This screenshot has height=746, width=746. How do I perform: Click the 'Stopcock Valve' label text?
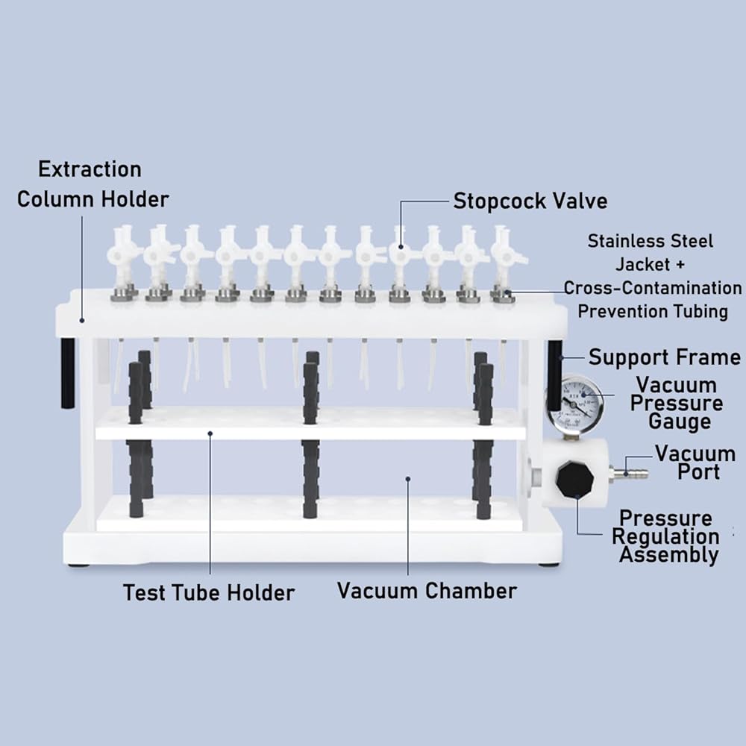(530, 201)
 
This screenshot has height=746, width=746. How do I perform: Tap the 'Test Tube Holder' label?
(209, 593)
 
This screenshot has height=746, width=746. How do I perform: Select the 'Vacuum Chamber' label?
(427, 591)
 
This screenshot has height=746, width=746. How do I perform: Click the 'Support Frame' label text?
(664, 357)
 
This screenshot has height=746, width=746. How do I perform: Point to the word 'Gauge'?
(680, 421)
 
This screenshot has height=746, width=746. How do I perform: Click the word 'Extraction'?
(90, 169)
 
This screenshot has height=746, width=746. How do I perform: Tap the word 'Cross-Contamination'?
(653, 288)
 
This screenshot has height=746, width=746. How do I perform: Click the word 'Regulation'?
(665, 536)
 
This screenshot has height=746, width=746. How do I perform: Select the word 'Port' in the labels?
(698, 472)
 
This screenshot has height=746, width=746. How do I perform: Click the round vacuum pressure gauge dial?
(574, 402)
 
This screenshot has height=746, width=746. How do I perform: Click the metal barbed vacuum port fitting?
(624, 474)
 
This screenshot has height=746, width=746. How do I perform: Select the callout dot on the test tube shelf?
(210, 433)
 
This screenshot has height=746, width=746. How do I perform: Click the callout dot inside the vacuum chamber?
(408, 479)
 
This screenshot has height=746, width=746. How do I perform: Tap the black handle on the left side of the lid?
(67, 374)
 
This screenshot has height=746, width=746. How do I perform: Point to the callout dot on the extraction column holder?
(82, 321)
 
